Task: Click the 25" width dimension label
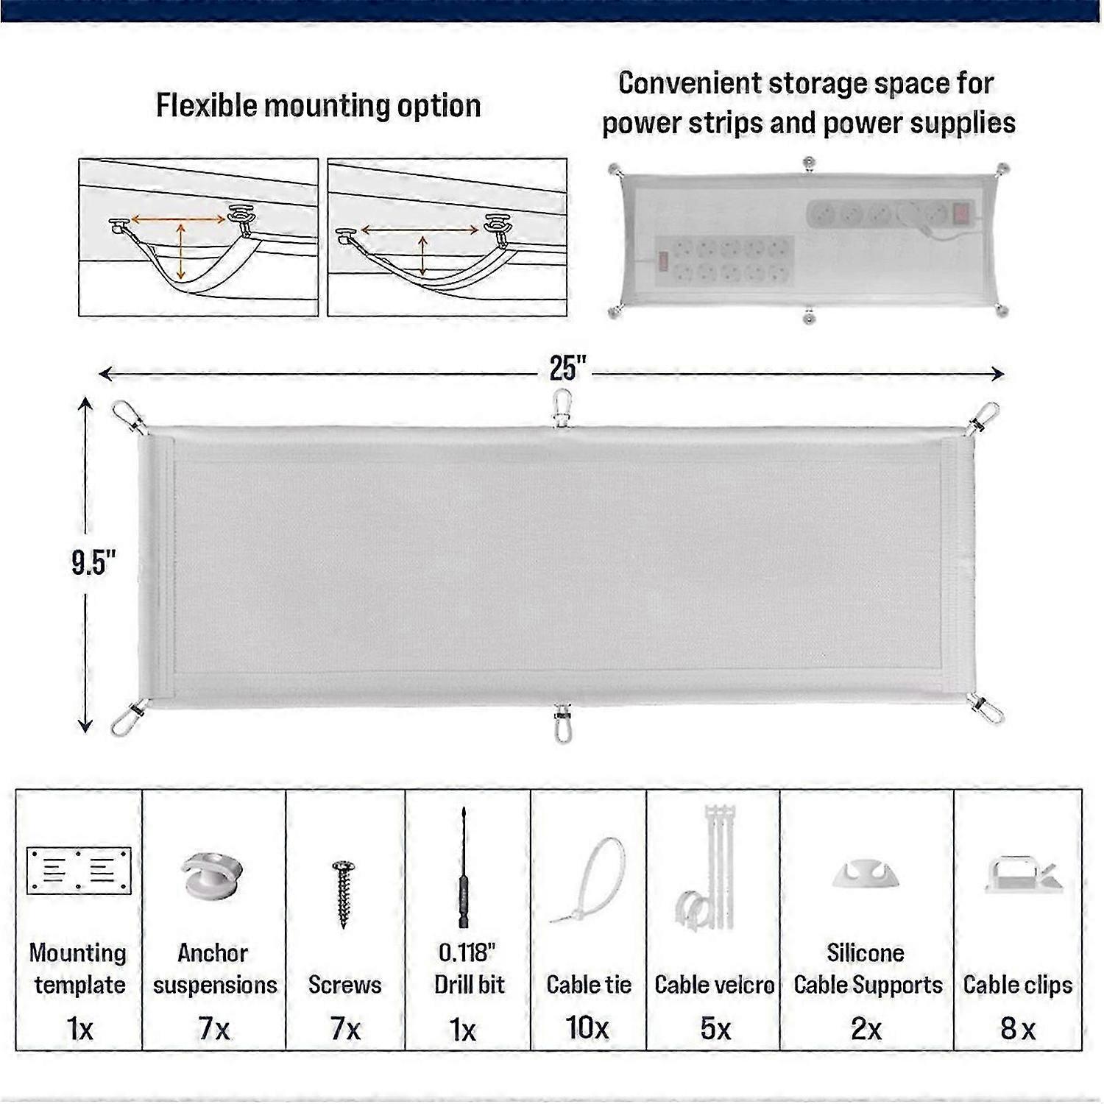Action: click(567, 368)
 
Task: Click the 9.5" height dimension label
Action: click(93, 562)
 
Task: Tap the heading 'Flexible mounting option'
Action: click(318, 106)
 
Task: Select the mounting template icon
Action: click(79, 870)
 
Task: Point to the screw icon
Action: click(342, 893)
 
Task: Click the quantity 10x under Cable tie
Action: click(587, 1027)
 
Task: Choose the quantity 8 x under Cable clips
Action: click(1017, 1029)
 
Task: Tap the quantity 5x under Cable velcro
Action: click(715, 1029)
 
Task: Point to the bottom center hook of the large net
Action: click(562, 723)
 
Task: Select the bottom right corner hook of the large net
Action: click(986, 709)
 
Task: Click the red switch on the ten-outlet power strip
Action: click(663, 262)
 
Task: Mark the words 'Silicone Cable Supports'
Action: click(867, 969)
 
